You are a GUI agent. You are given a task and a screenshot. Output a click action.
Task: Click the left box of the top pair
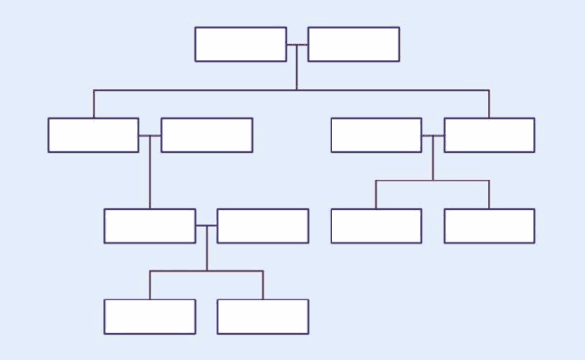click(240, 45)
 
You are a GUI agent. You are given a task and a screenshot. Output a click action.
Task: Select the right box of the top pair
click(353, 45)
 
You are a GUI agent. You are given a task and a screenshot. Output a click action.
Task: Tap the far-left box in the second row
click(94, 136)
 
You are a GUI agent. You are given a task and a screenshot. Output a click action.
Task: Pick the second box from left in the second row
click(207, 136)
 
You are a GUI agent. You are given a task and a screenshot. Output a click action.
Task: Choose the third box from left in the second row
click(376, 136)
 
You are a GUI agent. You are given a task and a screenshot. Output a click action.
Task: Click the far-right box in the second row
click(489, 136)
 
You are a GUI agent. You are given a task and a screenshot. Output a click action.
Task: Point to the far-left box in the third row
click(150, 225)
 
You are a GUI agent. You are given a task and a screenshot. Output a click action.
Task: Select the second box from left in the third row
click(263, 225)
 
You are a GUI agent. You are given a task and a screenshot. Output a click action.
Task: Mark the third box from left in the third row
click(376, 225)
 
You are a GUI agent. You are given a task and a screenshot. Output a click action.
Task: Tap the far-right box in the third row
click(489, 225)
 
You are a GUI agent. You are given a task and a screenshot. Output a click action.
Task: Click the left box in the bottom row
click(150, 316)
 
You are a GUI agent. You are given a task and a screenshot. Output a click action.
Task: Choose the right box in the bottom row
click(263, 316)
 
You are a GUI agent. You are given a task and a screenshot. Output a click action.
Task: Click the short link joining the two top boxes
click(296, 45)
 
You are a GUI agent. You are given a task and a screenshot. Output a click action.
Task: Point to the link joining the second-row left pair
click(150, 136)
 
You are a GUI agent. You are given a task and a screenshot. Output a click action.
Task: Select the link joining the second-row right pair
click(433, 136)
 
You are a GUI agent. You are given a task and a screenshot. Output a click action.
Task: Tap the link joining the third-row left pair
click(207, 225)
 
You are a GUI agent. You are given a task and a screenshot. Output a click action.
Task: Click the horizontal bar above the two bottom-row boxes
click(234, 271)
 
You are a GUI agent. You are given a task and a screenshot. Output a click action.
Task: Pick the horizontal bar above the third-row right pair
click(458, 180)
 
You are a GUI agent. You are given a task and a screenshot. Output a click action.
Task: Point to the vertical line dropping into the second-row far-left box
click(94, 103)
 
